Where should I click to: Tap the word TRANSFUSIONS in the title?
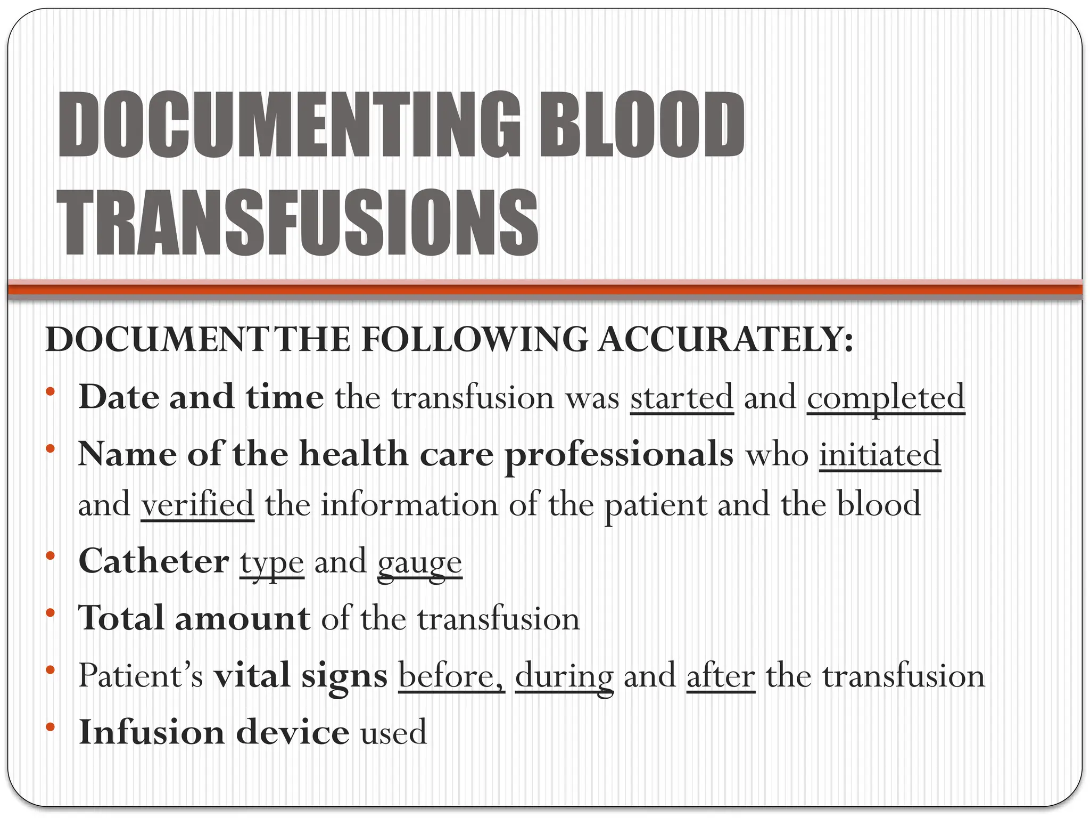(298, 223)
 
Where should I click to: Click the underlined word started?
(682, 397)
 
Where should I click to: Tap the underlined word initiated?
(880, 454)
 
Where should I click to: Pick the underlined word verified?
(197, 504)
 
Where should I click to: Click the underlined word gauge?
(420, 563)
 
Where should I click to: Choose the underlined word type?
(272, 563)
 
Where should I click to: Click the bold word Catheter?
(154, 561)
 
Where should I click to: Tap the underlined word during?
(564, 677)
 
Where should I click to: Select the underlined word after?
(721, 676)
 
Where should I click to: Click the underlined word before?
(451, 676)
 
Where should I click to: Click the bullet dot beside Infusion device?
(51, 727)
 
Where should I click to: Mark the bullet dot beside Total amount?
(51, 613)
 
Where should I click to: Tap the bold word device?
(293, 732)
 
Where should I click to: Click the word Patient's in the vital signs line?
(141, 676)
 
